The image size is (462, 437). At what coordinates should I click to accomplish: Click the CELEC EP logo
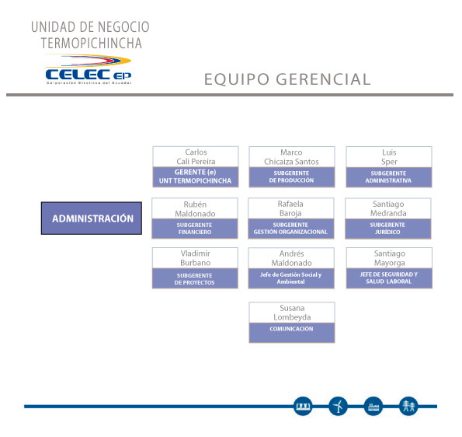click(89, 70)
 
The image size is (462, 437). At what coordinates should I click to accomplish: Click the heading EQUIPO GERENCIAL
click(287, 79)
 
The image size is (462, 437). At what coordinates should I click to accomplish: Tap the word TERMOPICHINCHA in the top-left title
click(92, 43)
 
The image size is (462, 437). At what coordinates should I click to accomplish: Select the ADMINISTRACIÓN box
click(92, 218)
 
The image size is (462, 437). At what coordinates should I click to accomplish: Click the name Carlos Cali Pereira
click(196, 157)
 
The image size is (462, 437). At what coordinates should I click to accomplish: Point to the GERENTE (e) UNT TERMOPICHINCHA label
click(196, 177)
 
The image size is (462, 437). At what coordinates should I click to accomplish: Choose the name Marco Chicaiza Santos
click(291, 157)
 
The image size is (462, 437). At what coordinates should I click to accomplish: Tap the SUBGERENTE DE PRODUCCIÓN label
click(291, 177)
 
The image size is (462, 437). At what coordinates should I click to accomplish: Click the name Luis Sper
click(389, 157)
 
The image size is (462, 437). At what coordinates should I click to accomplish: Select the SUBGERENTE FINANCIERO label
click(194, 229)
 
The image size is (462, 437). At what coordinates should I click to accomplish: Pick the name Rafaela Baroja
click(290, 208)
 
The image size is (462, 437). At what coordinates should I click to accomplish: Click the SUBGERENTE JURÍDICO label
click(387, 229)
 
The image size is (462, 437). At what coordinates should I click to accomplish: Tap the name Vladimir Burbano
click(196, 258)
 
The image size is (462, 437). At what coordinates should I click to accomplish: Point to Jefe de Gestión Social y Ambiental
click(291, 278)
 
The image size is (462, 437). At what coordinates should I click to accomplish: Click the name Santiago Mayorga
click(390, 258)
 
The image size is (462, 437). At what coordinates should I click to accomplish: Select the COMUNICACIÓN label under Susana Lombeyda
click(291, 329)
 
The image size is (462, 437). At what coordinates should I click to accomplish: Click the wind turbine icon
click(339, 407)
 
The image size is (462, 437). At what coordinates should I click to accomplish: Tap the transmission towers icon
click(408, 407)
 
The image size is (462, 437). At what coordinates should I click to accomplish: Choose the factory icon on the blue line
click(373, 407)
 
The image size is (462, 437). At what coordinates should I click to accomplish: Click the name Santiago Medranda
click(388, 208)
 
